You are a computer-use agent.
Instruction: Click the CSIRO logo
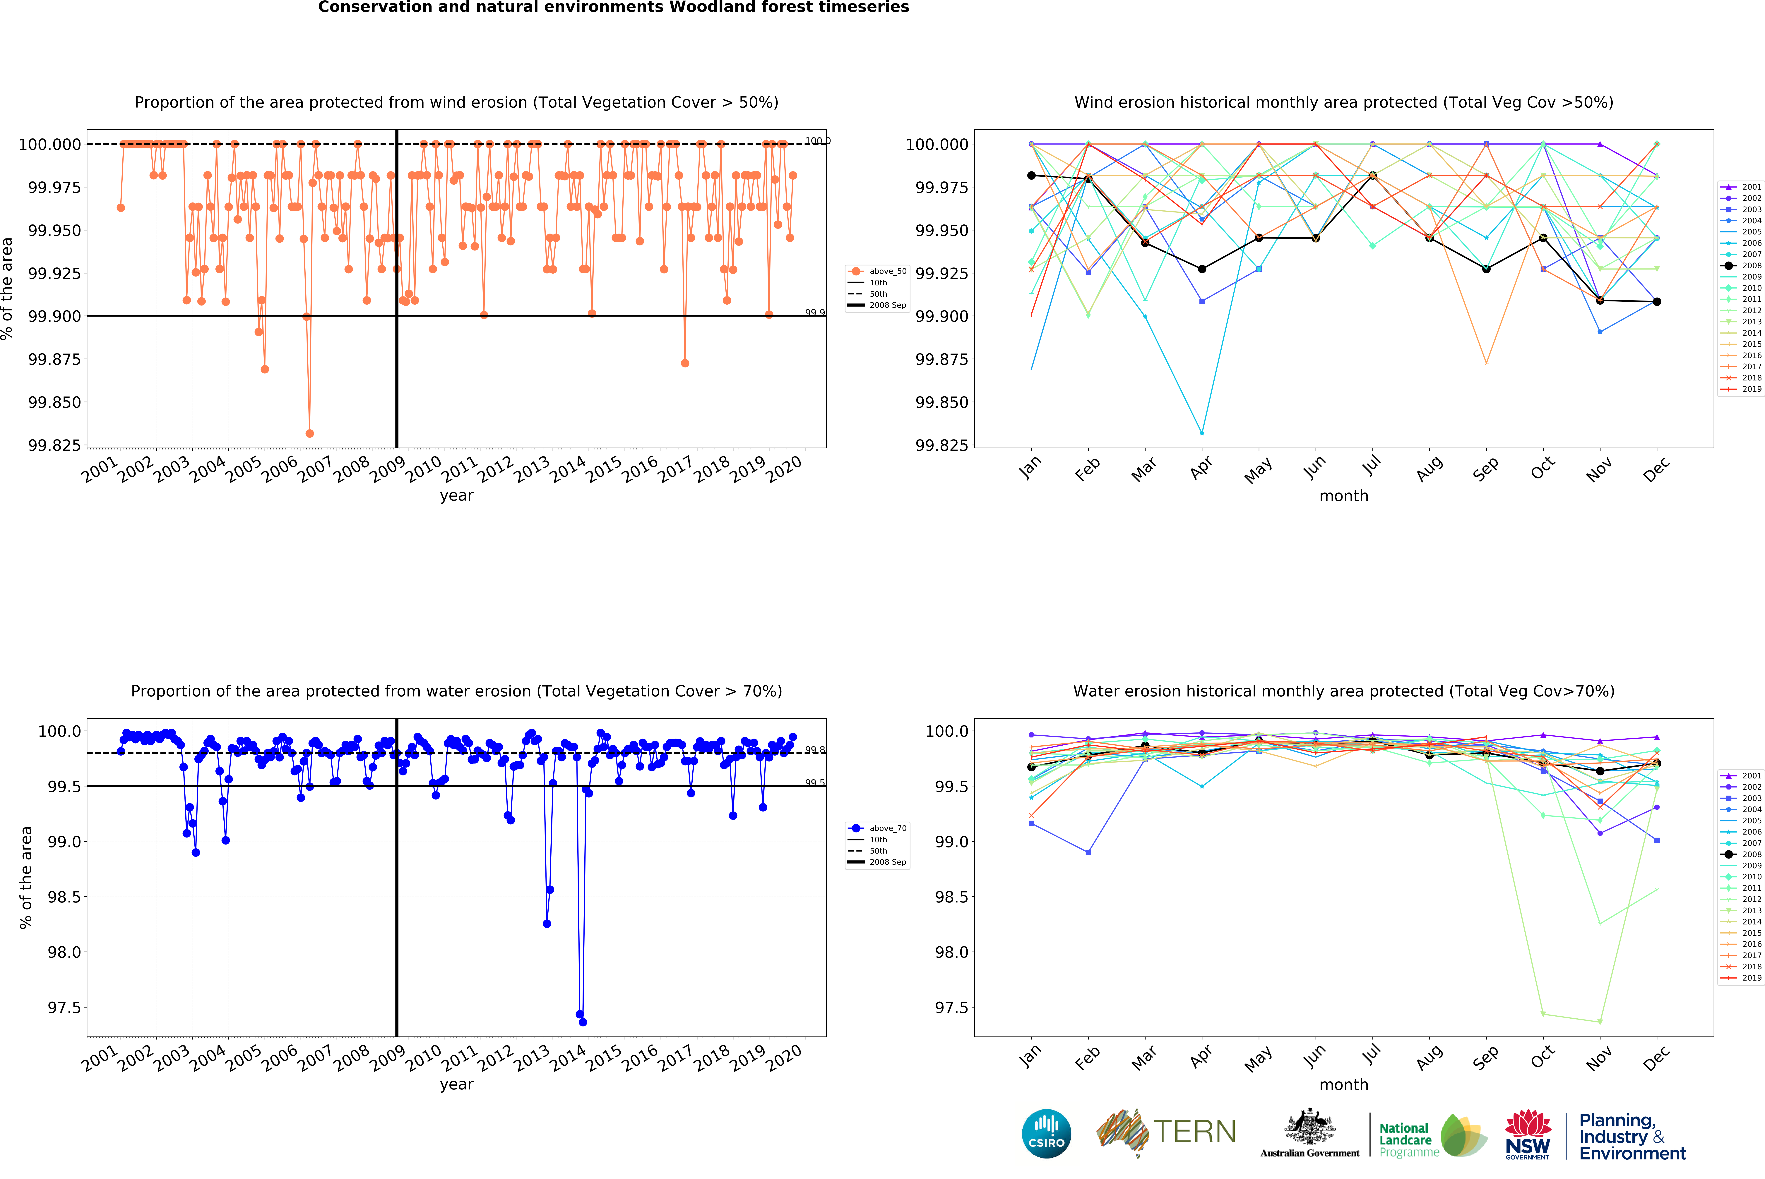click(x=1046, y=1134)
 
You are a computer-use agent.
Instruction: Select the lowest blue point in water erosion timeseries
click(x=583, y=1022)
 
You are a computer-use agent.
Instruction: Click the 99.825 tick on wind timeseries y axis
click(x=54, y=445)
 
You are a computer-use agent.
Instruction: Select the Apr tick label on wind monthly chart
click(x=1201, y=468)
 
